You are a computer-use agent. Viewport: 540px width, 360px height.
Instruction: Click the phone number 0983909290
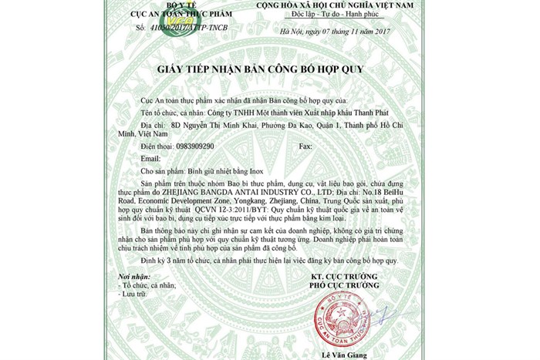coord(195,145)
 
